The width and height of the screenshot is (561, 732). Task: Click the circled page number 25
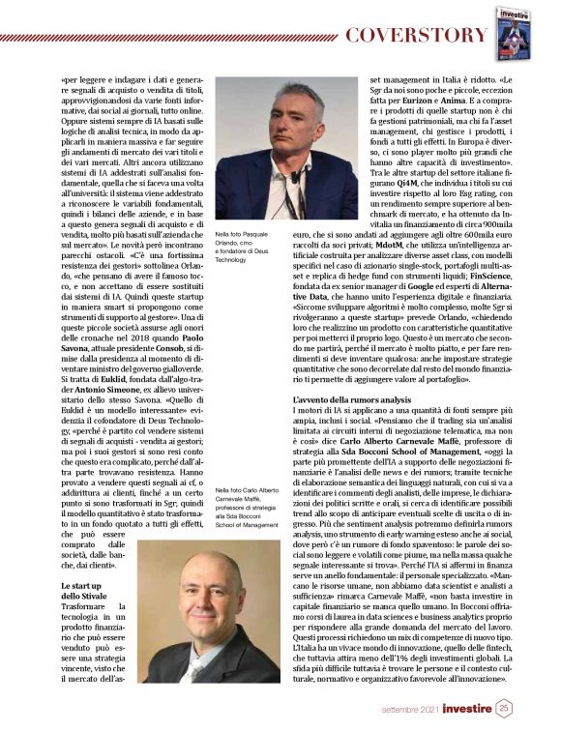tap(505, 708)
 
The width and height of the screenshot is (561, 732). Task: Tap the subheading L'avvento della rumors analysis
tap(355, 400)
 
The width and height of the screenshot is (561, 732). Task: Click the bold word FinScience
tap(481, 272)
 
